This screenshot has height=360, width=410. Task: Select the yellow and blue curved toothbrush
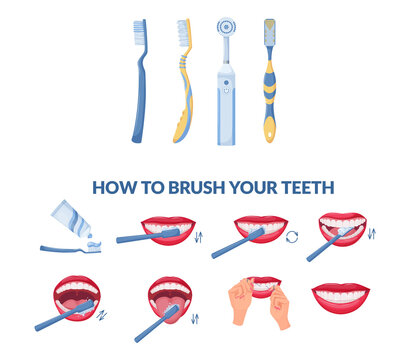[182, 90]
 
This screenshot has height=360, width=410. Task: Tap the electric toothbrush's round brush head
[225, 27]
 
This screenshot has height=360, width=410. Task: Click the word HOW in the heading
[111, 186]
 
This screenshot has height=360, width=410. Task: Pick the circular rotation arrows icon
[293, 236]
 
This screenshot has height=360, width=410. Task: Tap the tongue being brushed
[167, 300]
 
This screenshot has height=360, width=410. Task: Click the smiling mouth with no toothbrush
[340, 295]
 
